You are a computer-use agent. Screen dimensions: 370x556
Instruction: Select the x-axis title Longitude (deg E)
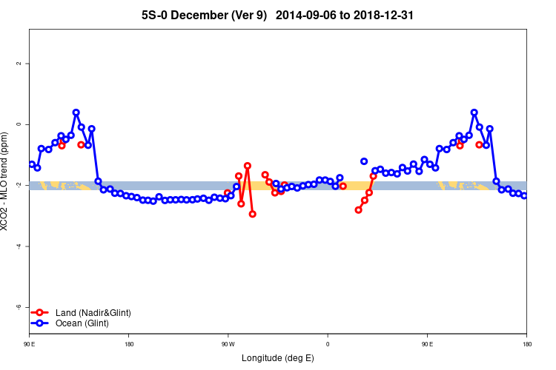click(x=278, y=358)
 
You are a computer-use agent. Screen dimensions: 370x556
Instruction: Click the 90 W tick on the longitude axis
click(x=228, y=344)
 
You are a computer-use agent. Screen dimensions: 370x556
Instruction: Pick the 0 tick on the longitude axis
click(x=328, y=344)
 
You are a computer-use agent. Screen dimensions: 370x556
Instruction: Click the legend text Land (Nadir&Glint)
click(x=93, y=313)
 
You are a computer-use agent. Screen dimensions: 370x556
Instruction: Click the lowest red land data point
click(x=253, y=214)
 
